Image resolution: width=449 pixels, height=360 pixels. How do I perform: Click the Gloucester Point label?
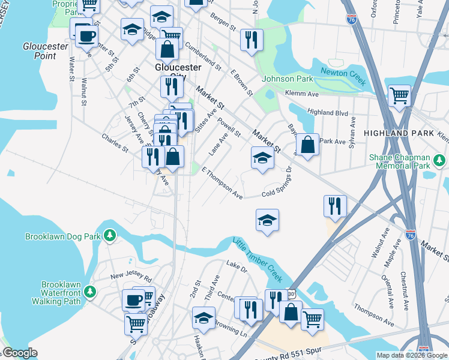(40, 51)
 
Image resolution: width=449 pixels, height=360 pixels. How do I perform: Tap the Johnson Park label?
(288, 79)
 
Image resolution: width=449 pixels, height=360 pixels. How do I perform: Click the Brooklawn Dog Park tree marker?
(109, 236)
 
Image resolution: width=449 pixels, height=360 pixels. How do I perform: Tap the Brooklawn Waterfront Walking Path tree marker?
(91, 291)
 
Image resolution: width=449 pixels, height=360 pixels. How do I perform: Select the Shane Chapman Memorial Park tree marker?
(440, 160)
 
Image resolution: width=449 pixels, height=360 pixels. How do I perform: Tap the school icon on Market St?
(262, 158)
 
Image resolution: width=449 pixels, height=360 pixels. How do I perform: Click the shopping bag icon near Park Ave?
(307, 145)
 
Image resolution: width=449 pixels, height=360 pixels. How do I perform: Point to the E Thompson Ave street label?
(222, 183)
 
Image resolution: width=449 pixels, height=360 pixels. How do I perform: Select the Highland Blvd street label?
(328, 112)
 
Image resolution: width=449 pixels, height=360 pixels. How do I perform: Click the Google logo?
(20, 353)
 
